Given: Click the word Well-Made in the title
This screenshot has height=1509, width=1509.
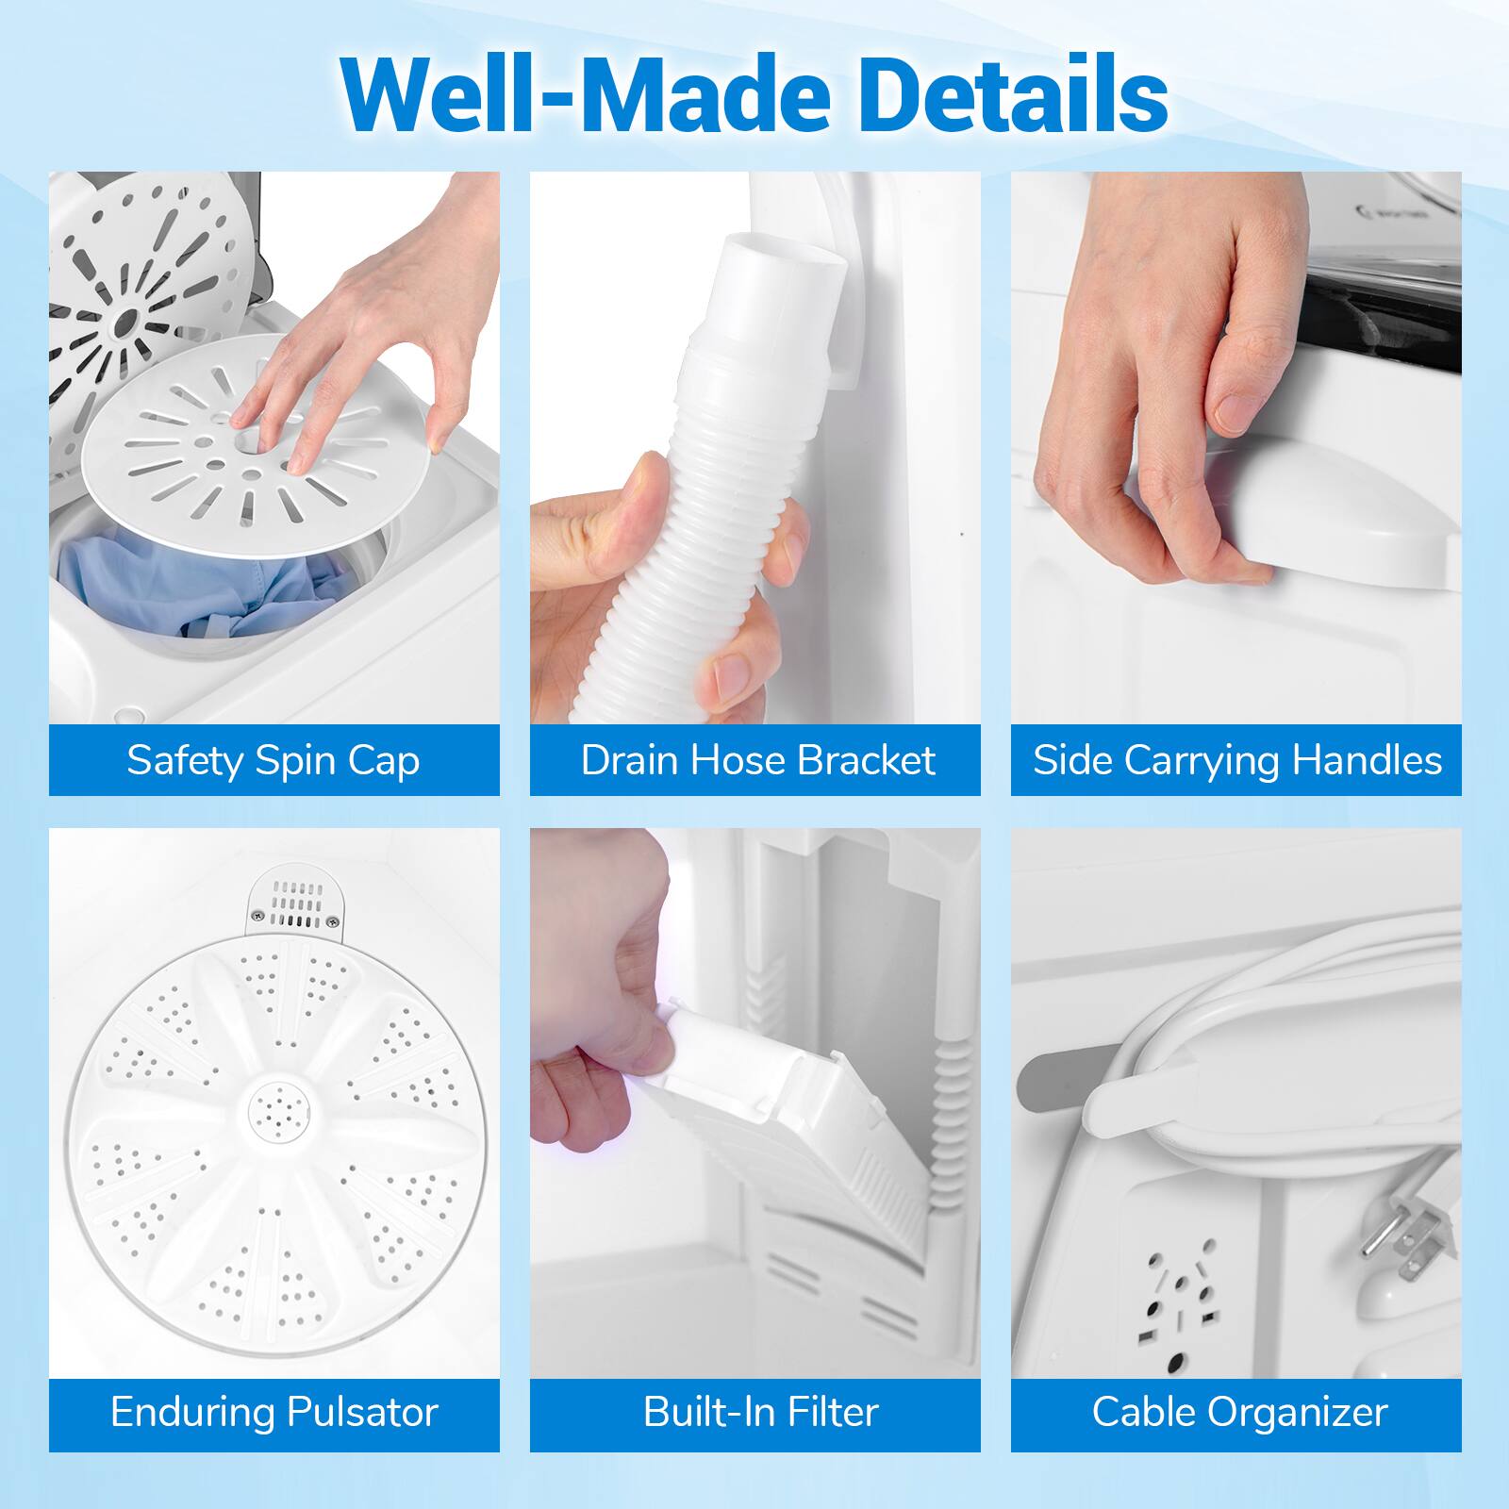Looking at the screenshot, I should pos(585,93).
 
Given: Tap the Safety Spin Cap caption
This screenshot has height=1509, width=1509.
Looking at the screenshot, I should pos(274,760).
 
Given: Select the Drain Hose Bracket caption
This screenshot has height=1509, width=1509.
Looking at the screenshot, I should pos(756,760).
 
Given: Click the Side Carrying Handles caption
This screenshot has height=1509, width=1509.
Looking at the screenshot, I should pos(1236,760).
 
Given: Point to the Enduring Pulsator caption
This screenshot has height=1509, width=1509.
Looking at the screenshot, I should pos(274,1412).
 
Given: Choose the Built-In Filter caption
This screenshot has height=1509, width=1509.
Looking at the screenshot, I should pos(760,1412).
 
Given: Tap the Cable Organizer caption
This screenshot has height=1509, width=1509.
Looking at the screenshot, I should pos(1239,1412).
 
